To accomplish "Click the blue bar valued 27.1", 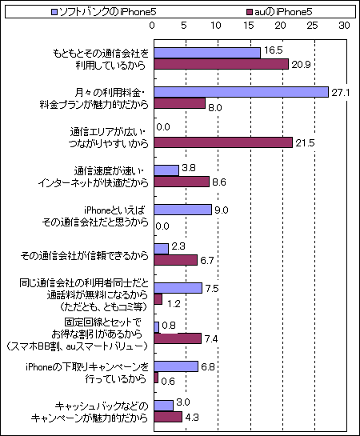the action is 242,92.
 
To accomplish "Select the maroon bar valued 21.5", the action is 223,142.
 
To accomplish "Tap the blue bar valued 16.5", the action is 207,53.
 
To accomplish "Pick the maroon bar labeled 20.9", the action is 222,64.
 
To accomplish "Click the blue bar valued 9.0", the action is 183,210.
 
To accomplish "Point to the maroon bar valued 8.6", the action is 182,182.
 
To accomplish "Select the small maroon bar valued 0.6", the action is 156,378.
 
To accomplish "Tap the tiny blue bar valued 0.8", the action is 157,327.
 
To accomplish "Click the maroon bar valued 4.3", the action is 168,417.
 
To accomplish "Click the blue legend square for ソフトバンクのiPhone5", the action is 54,12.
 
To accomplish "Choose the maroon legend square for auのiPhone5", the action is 250,12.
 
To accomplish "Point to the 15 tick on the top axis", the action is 249,26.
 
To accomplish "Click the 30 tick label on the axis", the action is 344,26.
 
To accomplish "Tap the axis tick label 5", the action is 184,26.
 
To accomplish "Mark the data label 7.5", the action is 212,289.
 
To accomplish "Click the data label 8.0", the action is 215,108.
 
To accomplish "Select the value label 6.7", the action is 207,261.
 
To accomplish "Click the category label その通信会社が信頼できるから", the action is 85,255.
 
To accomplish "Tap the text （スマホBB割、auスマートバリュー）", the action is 77,346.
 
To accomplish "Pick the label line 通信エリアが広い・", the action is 108,132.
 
